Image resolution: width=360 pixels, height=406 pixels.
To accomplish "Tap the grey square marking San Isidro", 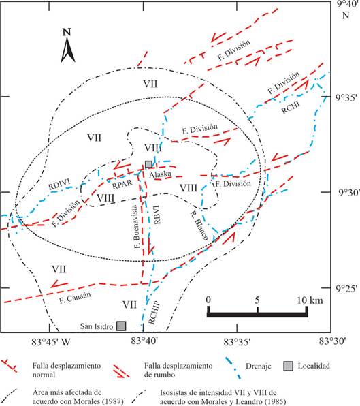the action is pyautogui.click(x=121, y=326).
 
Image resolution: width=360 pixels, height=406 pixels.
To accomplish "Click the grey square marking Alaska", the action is pyautogui.click(x=148, y=164).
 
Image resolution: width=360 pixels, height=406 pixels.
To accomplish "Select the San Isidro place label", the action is pyautogui.click(x=97, y=326).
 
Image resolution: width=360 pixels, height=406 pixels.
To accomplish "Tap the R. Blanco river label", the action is pyautogui.click(x=199, y=225).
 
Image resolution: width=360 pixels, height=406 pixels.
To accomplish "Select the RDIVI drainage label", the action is pyautogui.click(x=59, y=183).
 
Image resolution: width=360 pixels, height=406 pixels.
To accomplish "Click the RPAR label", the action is pyautogui.click(x=122, y=184).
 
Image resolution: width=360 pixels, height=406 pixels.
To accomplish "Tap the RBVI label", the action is pyautogui.click(x=157, y=214).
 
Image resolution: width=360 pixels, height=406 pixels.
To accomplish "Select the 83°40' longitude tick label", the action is pyautogui.click(x=143, y=341).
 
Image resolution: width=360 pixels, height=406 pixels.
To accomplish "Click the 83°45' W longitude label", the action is pyautogui.click(x=51, y=341).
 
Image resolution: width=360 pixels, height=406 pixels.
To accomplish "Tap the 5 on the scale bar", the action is pyautogui.click(x=257, y=300).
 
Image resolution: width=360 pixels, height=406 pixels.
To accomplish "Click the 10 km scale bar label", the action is pyautogui.click(x=310, y=300).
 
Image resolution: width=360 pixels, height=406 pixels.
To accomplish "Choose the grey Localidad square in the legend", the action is pyautogui.click(x=289, y=366).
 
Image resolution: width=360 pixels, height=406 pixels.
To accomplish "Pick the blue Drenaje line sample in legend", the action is pyautogui.click(x=233, y=369).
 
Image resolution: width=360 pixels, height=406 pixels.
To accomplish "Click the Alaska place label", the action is pyautogui.click(x=161, y=174).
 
